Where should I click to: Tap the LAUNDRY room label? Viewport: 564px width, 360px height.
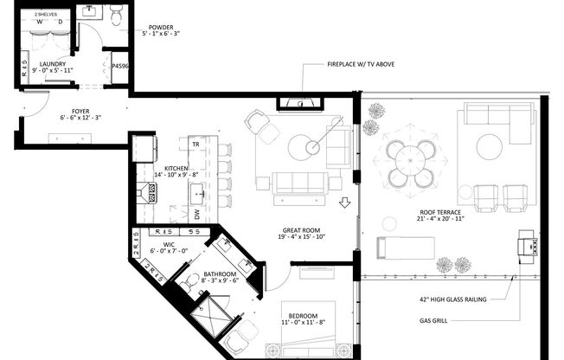pyautogui.click(x=54, y=64)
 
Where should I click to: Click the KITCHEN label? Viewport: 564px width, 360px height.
pyautogui.click(x=176, y=169)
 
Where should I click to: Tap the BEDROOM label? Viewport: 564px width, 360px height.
pyautogui.click(x=303, y=315)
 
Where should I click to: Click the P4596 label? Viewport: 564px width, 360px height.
pyautogui.click(x=120, y=67)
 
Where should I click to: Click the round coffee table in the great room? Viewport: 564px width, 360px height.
pyautogui.click(x=304, y=147)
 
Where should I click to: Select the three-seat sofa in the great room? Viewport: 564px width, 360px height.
pyautogui.click(x=299, y=183)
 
